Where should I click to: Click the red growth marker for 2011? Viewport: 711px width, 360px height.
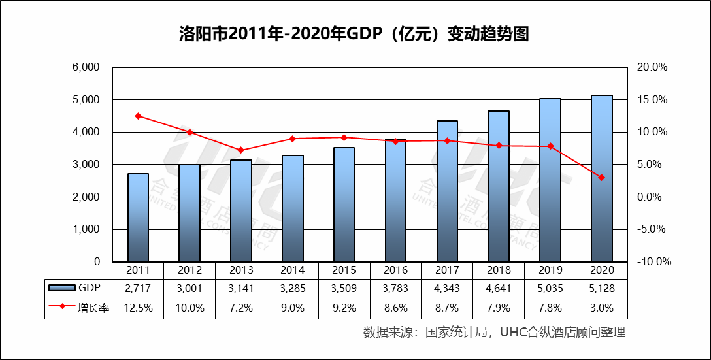click(138, 116)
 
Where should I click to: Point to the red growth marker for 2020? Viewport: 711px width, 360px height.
click(602, 178)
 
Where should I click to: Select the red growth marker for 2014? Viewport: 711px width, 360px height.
click(293, 139)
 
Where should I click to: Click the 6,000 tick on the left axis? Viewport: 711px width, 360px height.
click(86, 67)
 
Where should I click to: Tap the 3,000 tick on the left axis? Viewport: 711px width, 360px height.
click(86, 165)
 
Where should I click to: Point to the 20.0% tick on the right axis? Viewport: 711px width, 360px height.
click(651, 67)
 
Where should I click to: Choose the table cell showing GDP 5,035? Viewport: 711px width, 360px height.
click(550, 288)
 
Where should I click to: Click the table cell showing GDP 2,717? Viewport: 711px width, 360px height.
click(139, 288)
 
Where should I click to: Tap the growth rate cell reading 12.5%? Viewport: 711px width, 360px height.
click(139, 307)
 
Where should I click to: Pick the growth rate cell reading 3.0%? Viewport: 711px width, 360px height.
click(602, 307)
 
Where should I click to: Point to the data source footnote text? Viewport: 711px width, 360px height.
click(494, 333)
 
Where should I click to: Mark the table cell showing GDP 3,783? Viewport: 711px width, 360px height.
click(396, 288)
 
